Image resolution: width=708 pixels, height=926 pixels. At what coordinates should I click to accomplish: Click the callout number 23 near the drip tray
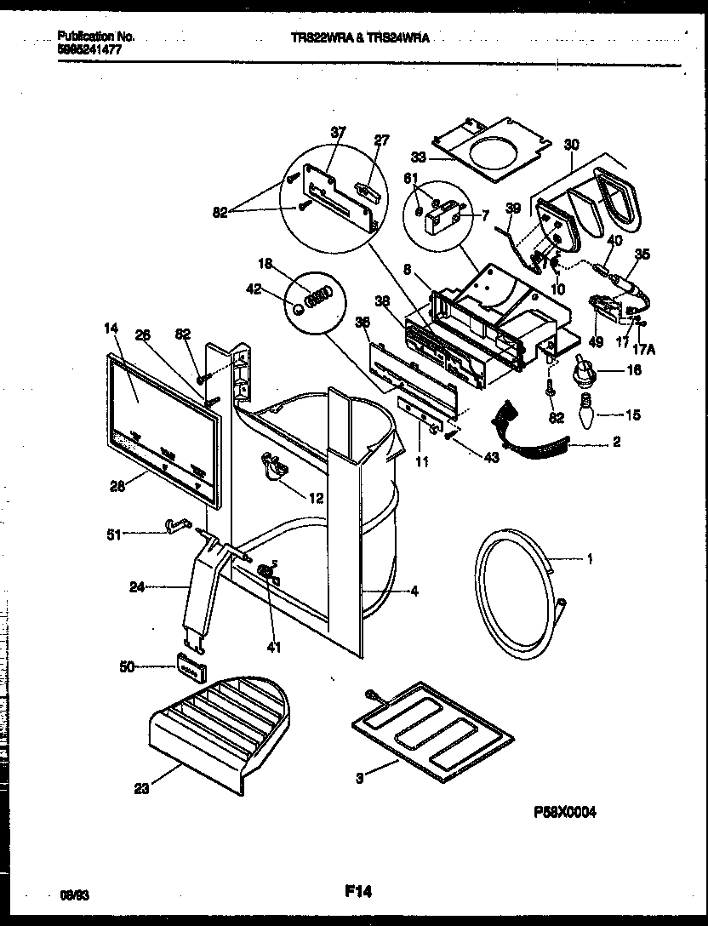140,788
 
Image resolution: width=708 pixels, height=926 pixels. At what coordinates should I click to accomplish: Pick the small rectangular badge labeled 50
192,670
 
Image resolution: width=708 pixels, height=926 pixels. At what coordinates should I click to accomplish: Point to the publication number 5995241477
89,49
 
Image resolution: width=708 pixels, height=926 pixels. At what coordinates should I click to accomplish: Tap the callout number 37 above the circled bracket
339,131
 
